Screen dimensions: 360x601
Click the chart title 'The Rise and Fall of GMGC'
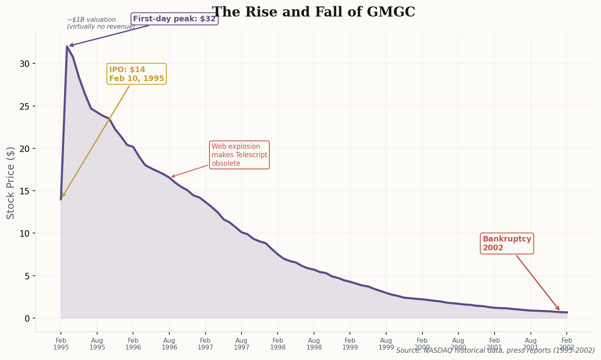click(313, 12)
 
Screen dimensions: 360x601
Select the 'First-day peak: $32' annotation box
click(175, 19)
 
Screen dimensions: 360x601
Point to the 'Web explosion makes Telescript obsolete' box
click(239, 155)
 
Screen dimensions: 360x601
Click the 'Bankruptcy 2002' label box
click(507, 243)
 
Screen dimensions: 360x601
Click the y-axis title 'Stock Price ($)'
click(11, 183)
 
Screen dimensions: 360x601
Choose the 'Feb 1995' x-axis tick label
click(61, 344)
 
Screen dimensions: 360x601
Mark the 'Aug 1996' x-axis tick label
click(169, 344)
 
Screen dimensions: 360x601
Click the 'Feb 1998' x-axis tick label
click(278, 344)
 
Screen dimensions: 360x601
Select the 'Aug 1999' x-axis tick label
click(386, 344)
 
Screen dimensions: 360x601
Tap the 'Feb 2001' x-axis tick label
click(495, 344)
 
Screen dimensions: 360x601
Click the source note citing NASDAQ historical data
click(495, 351)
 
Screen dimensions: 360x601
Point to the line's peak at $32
click(67, 46)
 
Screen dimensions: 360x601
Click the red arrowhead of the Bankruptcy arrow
click(558, 309)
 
